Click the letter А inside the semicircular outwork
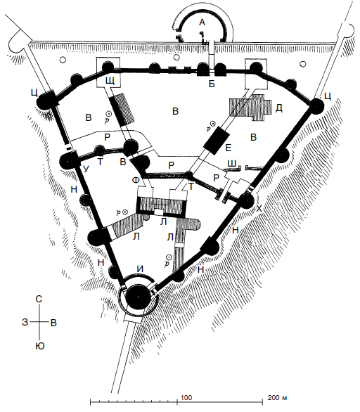(202, 22)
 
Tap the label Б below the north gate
(212, 84)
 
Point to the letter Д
(279, 108)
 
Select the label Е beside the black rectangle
(229, 148)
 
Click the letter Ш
(232, 163)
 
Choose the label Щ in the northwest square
(110, 81)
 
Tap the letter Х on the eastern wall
(259, 209)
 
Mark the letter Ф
(136, 180)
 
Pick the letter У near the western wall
(86, 169)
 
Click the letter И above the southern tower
(141, 269)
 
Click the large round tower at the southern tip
(139, 297)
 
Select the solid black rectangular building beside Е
(217, 141)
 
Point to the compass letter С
(39, 299)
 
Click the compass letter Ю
(40, 346)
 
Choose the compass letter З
(25, 322)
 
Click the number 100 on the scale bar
(186, 397)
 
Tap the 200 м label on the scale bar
(277, 397)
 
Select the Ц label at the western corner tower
(34, 93)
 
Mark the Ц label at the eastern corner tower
(328, 96)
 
